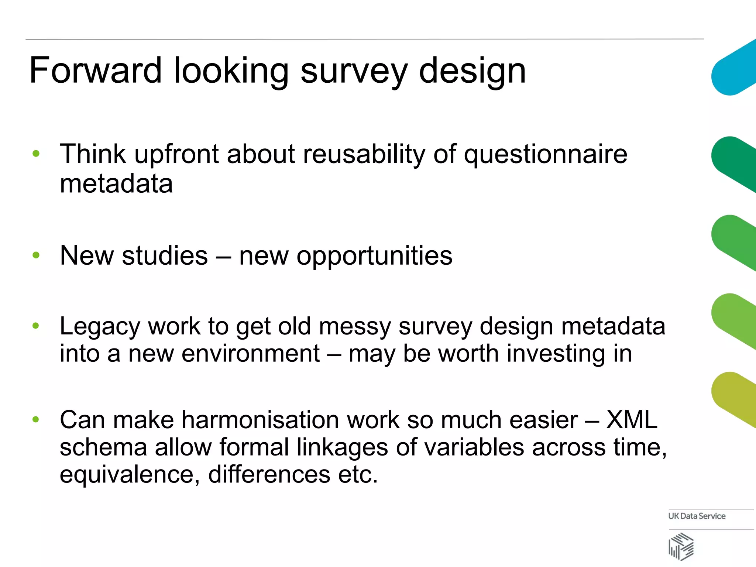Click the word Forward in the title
[95, 70]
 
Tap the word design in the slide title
[472, 71]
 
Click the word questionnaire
[545, 154]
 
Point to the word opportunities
[346, 255]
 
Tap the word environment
[251, 354]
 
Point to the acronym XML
[632, 420]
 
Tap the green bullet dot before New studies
[36, 255]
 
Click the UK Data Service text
[697, 516]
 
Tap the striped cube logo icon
[681, 546]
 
